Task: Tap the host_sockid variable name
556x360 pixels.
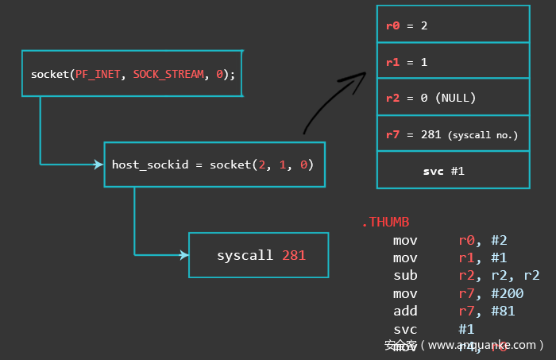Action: pyautogui.click(x=150, y=165)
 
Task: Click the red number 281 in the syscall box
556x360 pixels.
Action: pyautogui.click(x=293, y=255)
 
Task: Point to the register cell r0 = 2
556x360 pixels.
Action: pyautogui.click(x=453, y=25)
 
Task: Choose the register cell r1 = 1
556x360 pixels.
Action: pyautogui.click(x=453, y=61)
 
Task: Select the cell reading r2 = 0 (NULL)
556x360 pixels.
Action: pyautogui.click(x=453, y=98)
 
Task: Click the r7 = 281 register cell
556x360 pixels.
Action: pyautogui.click(x=453, y=134)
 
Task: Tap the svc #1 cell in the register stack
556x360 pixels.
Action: pyautogui.click(x=453, y=171)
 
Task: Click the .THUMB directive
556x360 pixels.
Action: pyautogui.click(x=385, y=223)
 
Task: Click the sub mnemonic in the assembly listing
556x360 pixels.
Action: pyautogui.click(x=404, y=276)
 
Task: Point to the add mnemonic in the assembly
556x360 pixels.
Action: pyautogui.click(x=404, y=311)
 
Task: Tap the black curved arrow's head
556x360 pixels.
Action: pyautogui.click(x=360, y=76)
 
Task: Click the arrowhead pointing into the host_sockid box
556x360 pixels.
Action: pyautogui.click(x=99, y=165)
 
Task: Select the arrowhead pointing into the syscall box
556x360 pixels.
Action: pyautogui.click(x=184, y=255)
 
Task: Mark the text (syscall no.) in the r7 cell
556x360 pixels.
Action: pyautogui.click(x=483, y=135)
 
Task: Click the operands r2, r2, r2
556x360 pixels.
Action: pyautogui.click(x=499, y=276)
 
